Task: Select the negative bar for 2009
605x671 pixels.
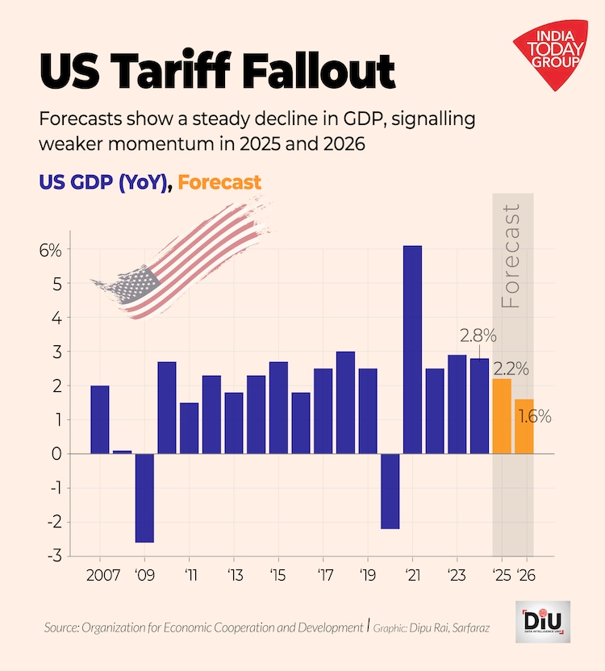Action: click(x=144, y=498)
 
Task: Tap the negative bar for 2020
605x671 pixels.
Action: click(x=390, y=491)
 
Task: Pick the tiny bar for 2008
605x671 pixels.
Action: click(x=122, y=452)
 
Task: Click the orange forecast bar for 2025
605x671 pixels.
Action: click(x=502, y=416)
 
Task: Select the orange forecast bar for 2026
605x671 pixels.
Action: click(x=524, y=426)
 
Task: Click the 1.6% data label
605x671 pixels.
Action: click(x=535, y=417)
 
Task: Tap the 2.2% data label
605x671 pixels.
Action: click(x=511, y=369)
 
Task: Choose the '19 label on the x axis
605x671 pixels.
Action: click(x=367, y=577)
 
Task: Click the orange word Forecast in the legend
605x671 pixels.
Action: click(x=219, y=182)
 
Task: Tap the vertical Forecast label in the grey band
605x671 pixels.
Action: click(x=511, y=256)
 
